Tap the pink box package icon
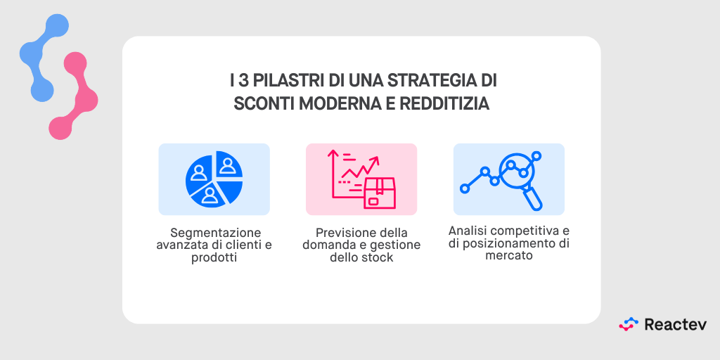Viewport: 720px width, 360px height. point(380,193)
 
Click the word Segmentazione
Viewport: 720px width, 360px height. point(216,233)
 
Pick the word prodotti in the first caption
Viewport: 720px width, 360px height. point(214,257)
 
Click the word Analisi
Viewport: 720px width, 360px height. point(469,231)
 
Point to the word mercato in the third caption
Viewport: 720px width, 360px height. point(509,256)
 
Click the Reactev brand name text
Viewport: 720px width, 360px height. point(676,324)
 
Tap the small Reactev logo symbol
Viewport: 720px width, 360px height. point(629,324)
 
